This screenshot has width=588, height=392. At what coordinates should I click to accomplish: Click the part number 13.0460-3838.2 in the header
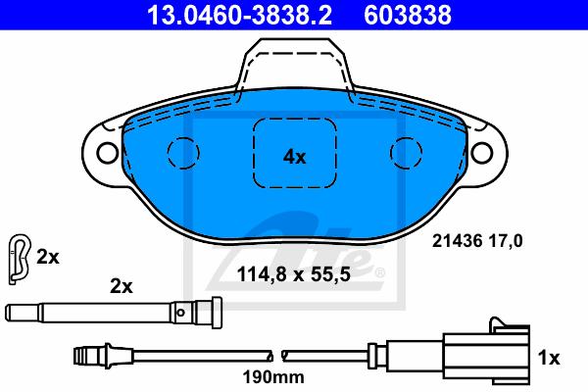[239, 15]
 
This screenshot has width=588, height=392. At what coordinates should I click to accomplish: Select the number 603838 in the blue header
[408, 15]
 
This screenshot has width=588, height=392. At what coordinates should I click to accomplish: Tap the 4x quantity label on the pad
[294, 157]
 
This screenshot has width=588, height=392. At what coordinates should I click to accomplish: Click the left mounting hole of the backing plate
[108, 152]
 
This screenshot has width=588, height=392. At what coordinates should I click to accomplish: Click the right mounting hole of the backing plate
[481, 152]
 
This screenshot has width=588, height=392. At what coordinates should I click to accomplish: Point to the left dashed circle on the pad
[183, 153]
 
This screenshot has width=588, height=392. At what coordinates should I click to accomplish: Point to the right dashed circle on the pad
[406, 153]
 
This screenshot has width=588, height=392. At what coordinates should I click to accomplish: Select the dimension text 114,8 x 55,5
[294, 274]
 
